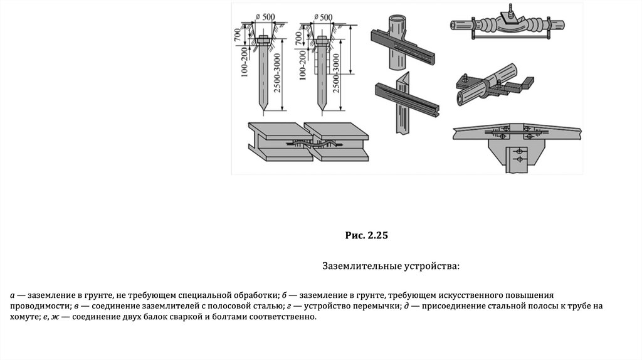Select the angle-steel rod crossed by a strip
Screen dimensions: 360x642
401,110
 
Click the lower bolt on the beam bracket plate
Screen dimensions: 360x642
518,160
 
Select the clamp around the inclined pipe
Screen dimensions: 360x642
471,85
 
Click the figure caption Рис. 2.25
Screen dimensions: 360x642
367,236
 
